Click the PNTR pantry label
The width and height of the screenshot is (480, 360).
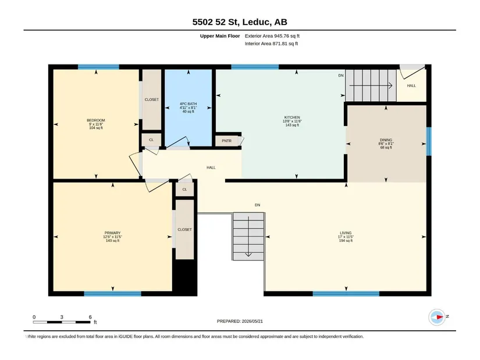[226, 141]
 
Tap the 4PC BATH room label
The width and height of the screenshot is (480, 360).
[189, 104]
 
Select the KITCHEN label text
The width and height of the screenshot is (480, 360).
[292, 117]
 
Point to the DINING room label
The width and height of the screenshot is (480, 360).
[386, 140]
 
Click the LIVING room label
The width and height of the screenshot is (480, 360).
[346, 233]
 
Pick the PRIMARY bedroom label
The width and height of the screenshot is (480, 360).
[112, 233]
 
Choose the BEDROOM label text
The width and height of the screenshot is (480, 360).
[96, 120]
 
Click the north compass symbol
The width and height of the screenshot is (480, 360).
[438, 317]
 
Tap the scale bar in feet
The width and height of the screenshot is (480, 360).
[62, 322]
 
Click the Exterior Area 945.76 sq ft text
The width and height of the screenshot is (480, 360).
[272, 36]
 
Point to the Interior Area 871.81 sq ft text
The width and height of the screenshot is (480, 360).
[271, 44]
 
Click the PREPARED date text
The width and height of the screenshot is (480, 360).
[240, 321]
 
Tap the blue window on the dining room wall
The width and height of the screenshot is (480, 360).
[429, 141]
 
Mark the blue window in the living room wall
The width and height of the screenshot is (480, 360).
[346, 294]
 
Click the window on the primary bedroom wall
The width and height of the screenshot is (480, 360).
[113, 294]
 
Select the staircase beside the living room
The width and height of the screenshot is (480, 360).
[248, 237]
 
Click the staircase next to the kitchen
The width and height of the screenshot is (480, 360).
[371, 85]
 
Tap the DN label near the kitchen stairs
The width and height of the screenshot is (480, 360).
[341, 75]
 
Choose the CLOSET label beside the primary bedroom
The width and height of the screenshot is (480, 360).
[184, 229]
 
